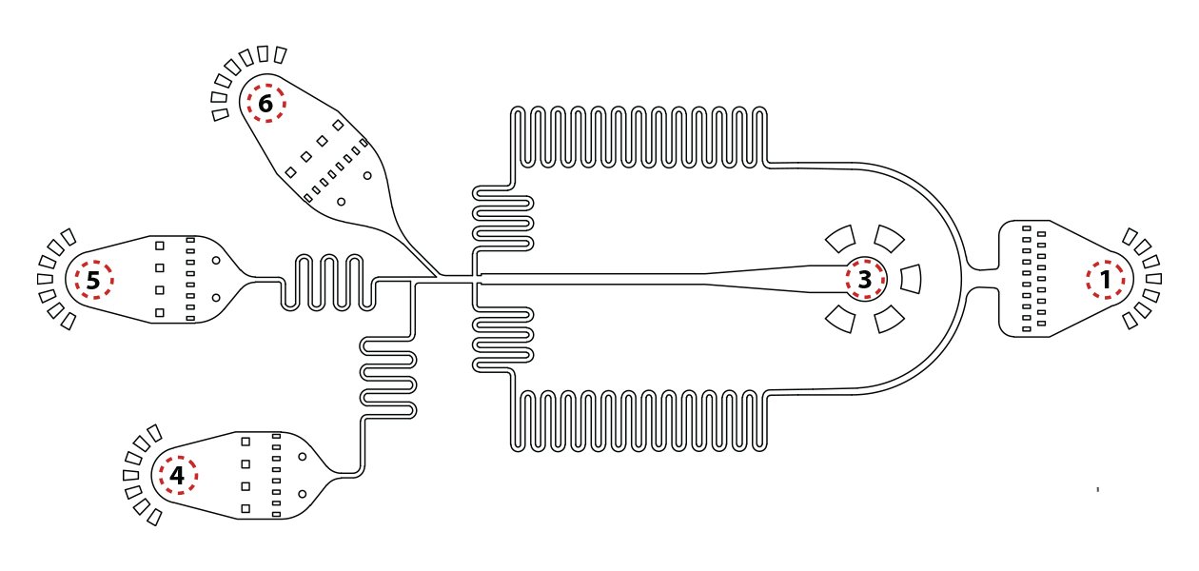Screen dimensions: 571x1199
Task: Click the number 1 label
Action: click(x=1105, y=280)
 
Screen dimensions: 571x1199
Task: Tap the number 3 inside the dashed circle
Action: click(x=864, y=280)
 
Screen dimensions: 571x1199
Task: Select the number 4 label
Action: click(x=177, y=474)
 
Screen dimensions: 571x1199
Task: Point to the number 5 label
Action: click(x=92, y=281)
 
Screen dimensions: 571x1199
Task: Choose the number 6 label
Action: click(x=265, y=105)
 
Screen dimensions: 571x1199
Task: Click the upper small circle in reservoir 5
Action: click(x=216, y=260)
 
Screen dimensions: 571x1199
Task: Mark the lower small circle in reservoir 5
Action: click(x=216, y=298)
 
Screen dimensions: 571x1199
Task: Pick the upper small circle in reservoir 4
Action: click(x=302, y=457)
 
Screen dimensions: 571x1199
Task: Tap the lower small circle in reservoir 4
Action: click(x=302, y=494)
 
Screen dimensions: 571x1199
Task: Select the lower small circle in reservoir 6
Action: click(x=340, y=201)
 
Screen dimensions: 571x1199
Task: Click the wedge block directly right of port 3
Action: click(x=911, y=279)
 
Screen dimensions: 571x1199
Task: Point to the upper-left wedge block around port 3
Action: click(x=839, y=239)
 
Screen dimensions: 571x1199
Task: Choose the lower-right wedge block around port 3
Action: click(x=889, y=320)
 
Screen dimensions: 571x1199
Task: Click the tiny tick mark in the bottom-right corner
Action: click(x=1098, y=489)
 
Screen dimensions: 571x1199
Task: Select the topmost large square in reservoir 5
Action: click(x=160, y=246)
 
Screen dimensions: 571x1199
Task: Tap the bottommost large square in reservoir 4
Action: click(x=246, y=509)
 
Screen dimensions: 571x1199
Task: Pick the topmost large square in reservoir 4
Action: click(x=246, y=442)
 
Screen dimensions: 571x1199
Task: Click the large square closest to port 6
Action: click(x=339, y=124)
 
